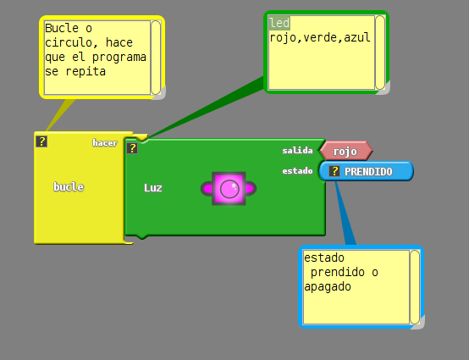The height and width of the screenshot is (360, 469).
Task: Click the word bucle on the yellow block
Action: (x=69, y=187)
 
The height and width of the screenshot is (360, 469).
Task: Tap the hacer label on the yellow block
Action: (x=105, y=143)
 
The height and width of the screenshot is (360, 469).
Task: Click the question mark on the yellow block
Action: (x=41, y=141)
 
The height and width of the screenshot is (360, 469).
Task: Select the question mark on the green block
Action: (x=132, y=148)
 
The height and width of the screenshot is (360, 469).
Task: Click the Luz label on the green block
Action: (x=153, y=188)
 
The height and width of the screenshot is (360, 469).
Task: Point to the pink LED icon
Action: (x=229, y=189)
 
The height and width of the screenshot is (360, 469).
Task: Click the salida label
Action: (x=297, y=151)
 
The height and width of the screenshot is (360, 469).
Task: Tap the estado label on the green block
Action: (x=297, y=171)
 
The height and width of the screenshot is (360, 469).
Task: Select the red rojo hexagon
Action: (x=346, y=151)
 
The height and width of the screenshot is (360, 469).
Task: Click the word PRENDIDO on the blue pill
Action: (x=368, y=172)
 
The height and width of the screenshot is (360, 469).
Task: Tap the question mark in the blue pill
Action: (x=334, y=171)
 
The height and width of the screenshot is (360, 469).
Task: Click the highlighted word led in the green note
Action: (x=279, y=23)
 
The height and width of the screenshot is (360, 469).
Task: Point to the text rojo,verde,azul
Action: (x=320, y=38)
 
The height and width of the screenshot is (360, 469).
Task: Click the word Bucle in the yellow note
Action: (x=62, y=28)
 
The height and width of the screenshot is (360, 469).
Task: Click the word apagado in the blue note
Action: (x=328, y=286)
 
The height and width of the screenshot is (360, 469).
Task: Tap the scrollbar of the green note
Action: (x=380, y=53)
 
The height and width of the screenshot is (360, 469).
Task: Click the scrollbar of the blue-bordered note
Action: (x=415, y=287)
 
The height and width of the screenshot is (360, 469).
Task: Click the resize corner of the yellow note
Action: (x=159, y=93)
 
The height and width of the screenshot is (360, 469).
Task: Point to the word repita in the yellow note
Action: (x=86, y=71)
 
